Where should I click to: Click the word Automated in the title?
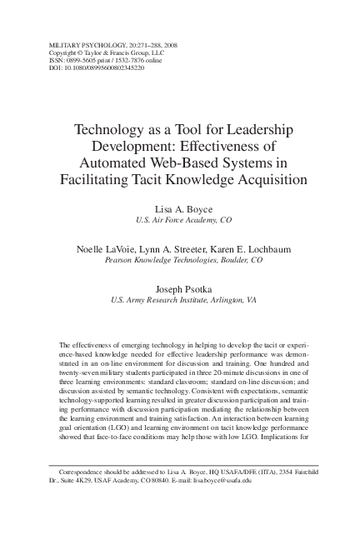111,162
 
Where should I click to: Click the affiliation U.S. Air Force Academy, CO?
179,221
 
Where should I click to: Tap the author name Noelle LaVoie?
107,248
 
